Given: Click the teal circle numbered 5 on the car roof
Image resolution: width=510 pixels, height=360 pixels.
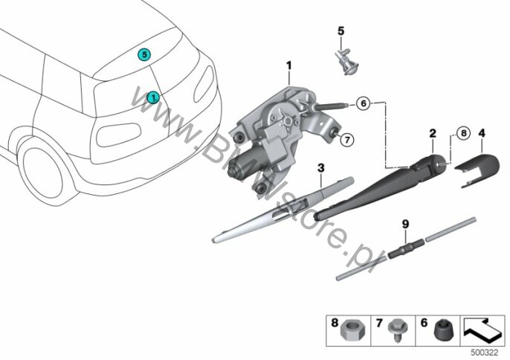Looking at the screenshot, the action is (144, 54).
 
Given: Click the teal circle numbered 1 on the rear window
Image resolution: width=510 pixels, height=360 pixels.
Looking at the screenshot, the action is (153, 97).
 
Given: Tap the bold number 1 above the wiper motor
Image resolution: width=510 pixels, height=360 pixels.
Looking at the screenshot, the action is (288, 65).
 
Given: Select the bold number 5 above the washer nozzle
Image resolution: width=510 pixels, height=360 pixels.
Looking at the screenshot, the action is (340, 31).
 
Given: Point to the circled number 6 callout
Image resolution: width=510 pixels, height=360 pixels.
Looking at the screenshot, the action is (364, 103).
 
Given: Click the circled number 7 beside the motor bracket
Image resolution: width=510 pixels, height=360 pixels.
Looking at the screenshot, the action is (347, 140).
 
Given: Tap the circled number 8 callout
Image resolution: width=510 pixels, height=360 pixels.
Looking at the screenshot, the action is (463, 133).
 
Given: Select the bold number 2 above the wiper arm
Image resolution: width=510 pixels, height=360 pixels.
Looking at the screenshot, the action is (433, 133).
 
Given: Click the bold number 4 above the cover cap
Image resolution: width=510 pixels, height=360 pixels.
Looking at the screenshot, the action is (482, 133).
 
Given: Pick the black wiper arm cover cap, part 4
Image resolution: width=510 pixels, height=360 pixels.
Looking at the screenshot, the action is (477, 170).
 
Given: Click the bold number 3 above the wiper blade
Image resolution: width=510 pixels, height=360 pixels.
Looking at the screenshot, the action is (321, 168).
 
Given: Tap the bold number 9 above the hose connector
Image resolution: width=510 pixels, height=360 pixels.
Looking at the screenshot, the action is (405, 224).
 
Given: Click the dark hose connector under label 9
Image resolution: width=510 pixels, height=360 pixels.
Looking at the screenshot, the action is (405, 249).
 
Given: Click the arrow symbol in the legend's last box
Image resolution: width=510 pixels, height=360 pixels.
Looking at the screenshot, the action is (482, 330).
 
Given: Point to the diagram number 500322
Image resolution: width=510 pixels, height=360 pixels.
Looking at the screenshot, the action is (485, 353).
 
